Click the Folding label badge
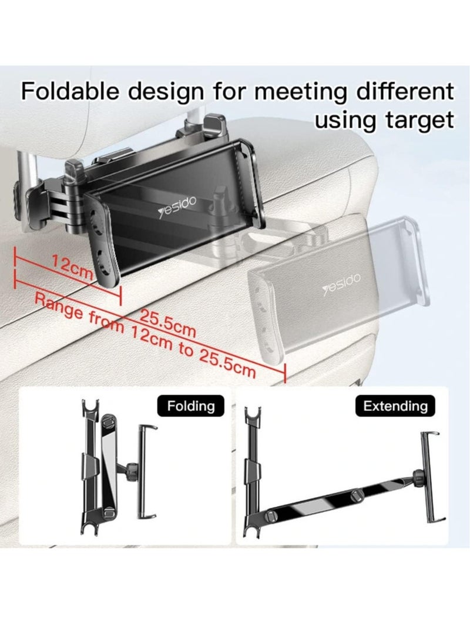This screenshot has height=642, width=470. [191, 406]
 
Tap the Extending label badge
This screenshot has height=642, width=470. [395, 406]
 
